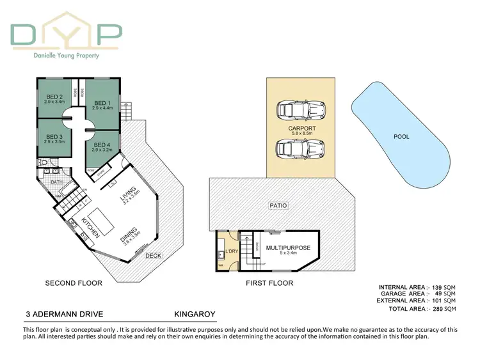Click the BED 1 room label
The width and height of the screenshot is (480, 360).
tap(102, 103)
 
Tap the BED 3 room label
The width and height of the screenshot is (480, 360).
tap(54, 136)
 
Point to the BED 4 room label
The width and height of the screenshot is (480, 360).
tap(101, 145)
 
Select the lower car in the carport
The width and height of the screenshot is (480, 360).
tap(300, 150)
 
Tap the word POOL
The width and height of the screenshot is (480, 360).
tap(401, 137)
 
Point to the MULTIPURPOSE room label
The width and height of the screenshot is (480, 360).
tap(288, 247)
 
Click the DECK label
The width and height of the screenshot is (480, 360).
tap(153, 256)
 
